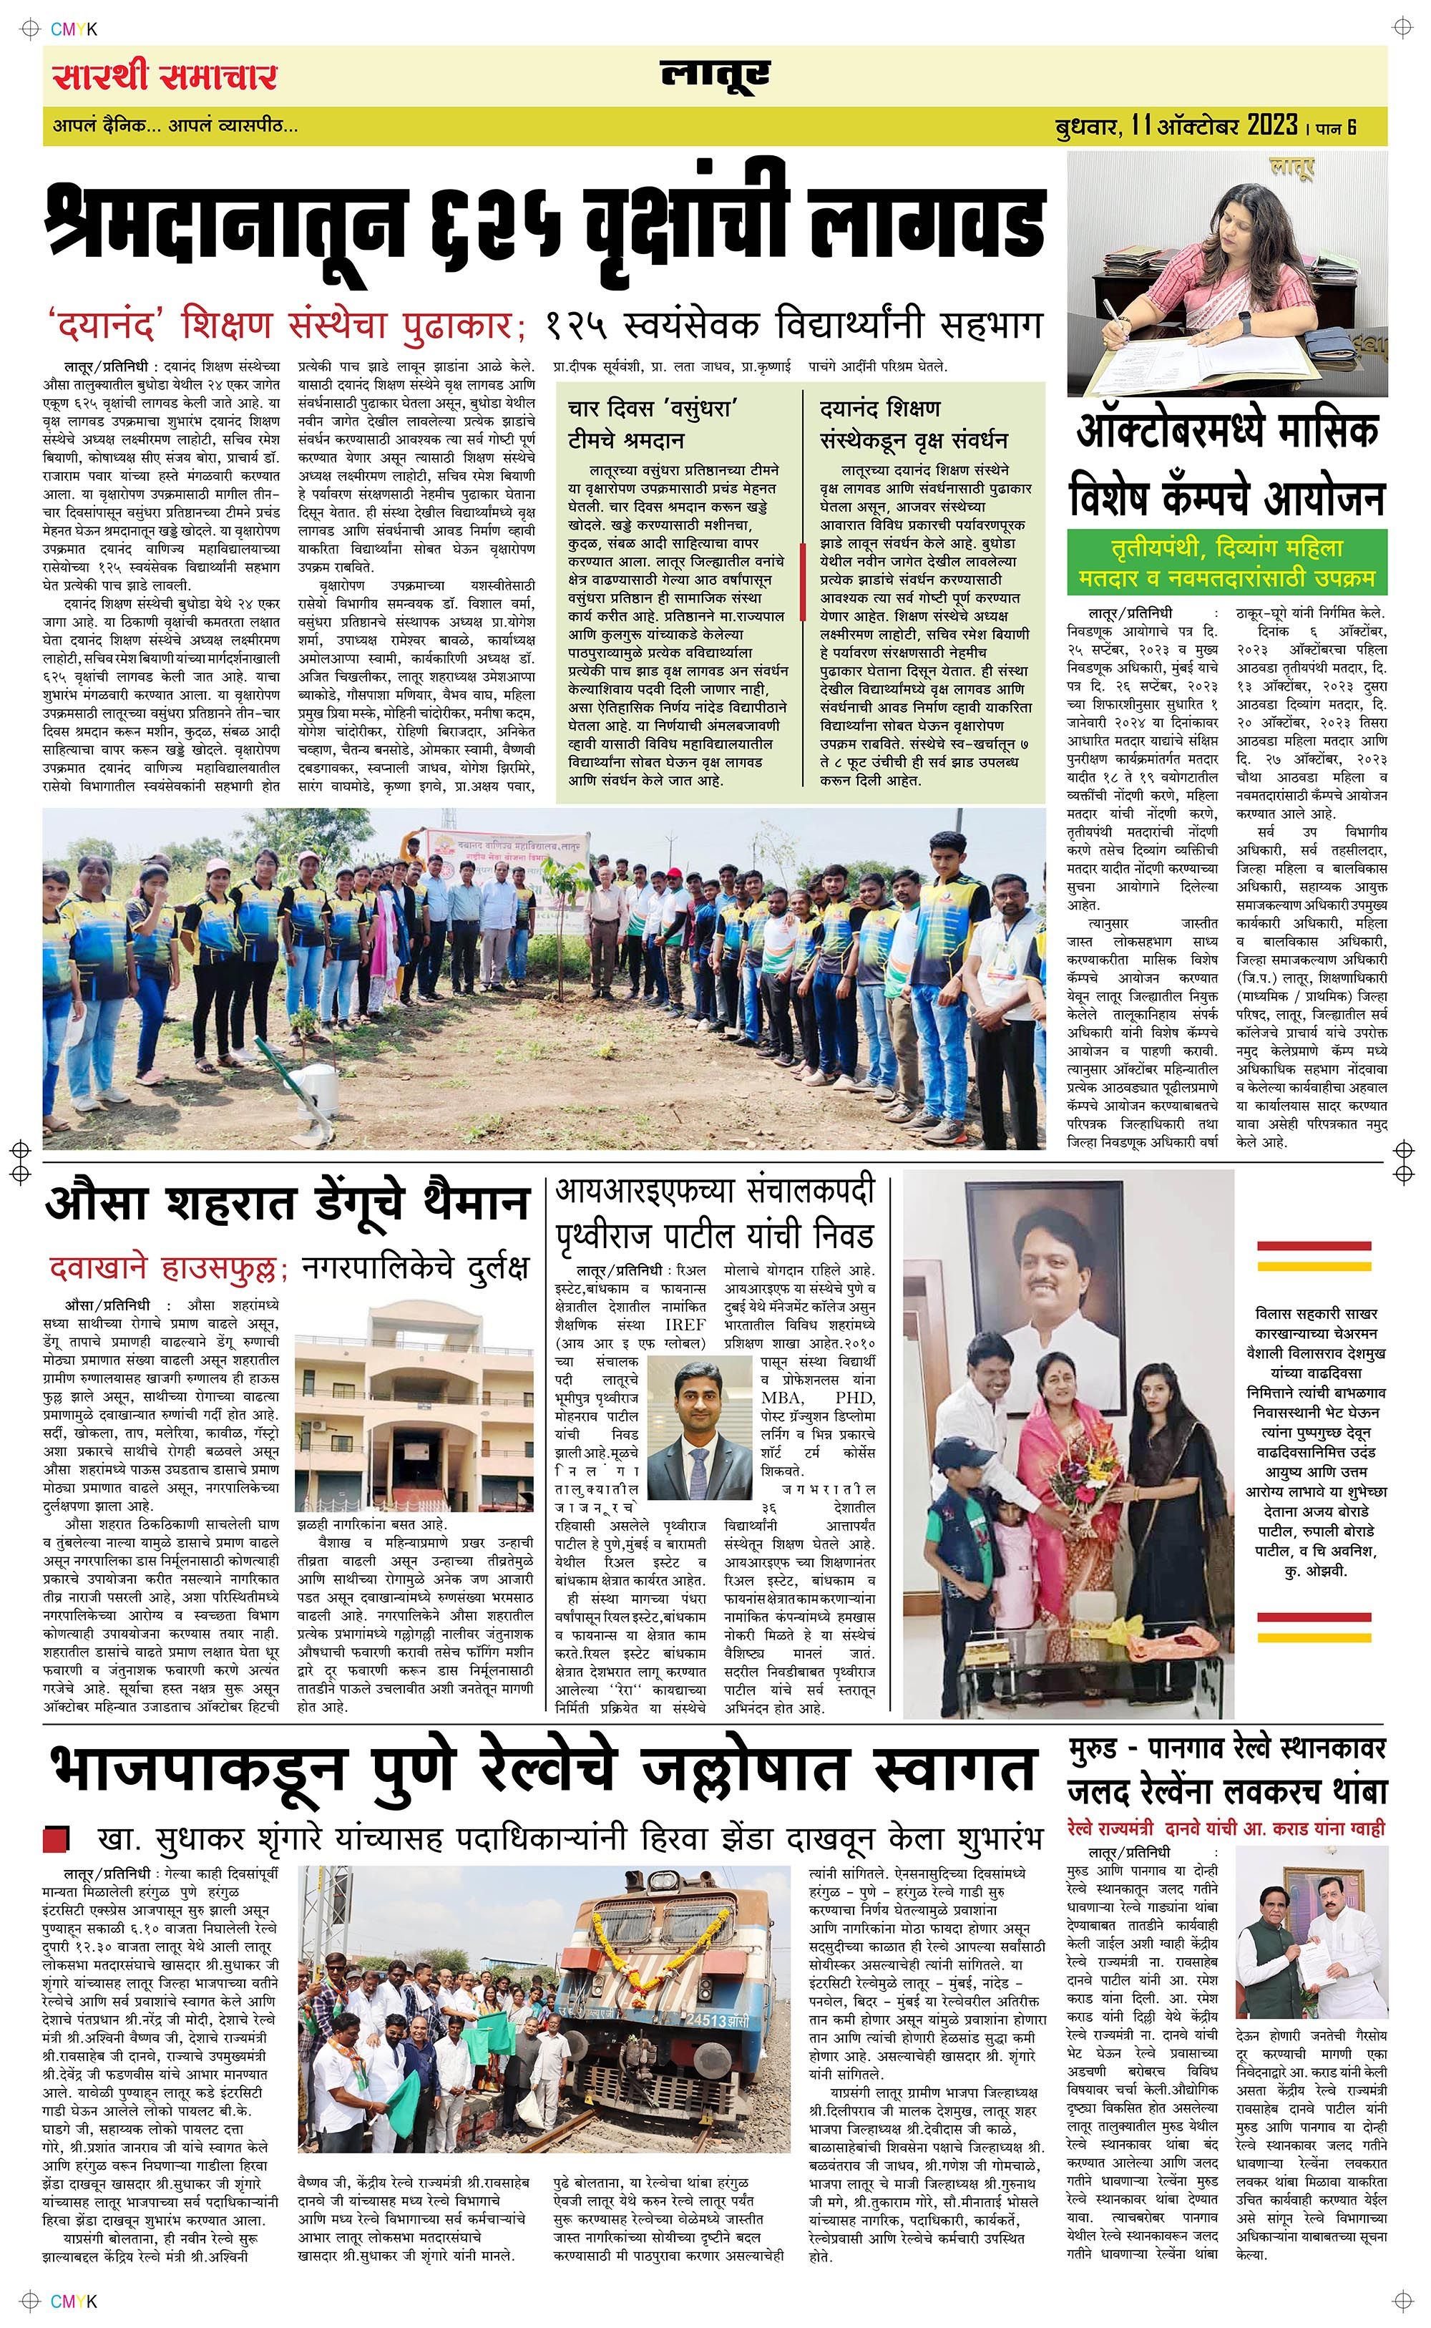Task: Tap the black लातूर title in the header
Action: click(x=715, y=76)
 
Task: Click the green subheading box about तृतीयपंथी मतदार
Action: click(x=1226, y=561)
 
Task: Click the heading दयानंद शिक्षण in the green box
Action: click(x=879, y=409)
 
